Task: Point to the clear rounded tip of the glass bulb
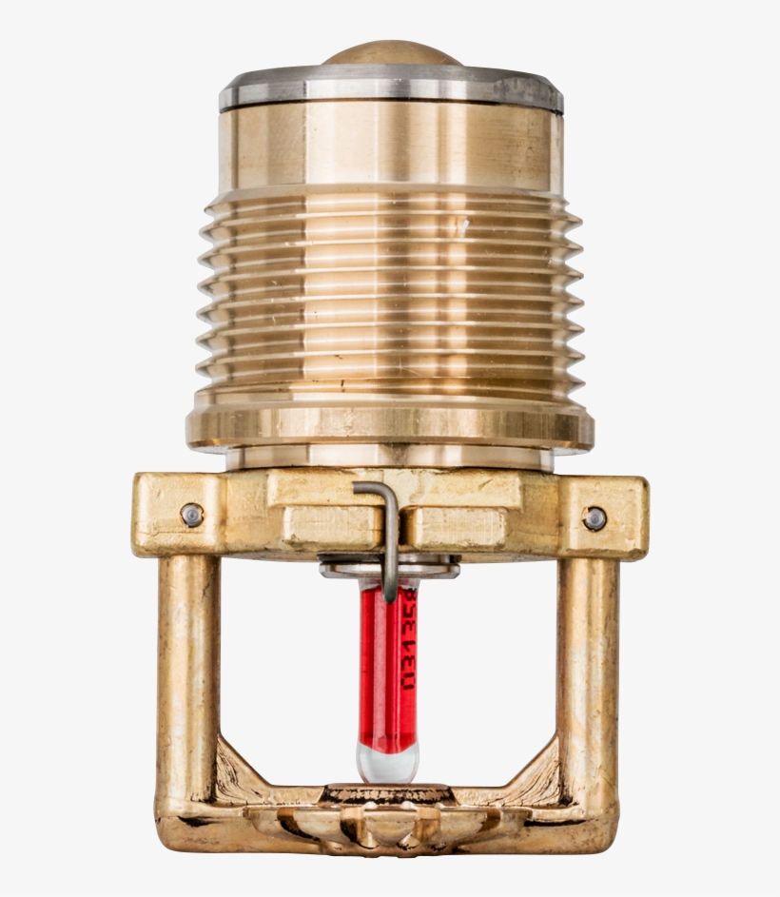(387, 760)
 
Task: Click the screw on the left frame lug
(191, 515)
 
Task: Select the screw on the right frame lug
(595, 518)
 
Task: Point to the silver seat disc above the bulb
(390, 569)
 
